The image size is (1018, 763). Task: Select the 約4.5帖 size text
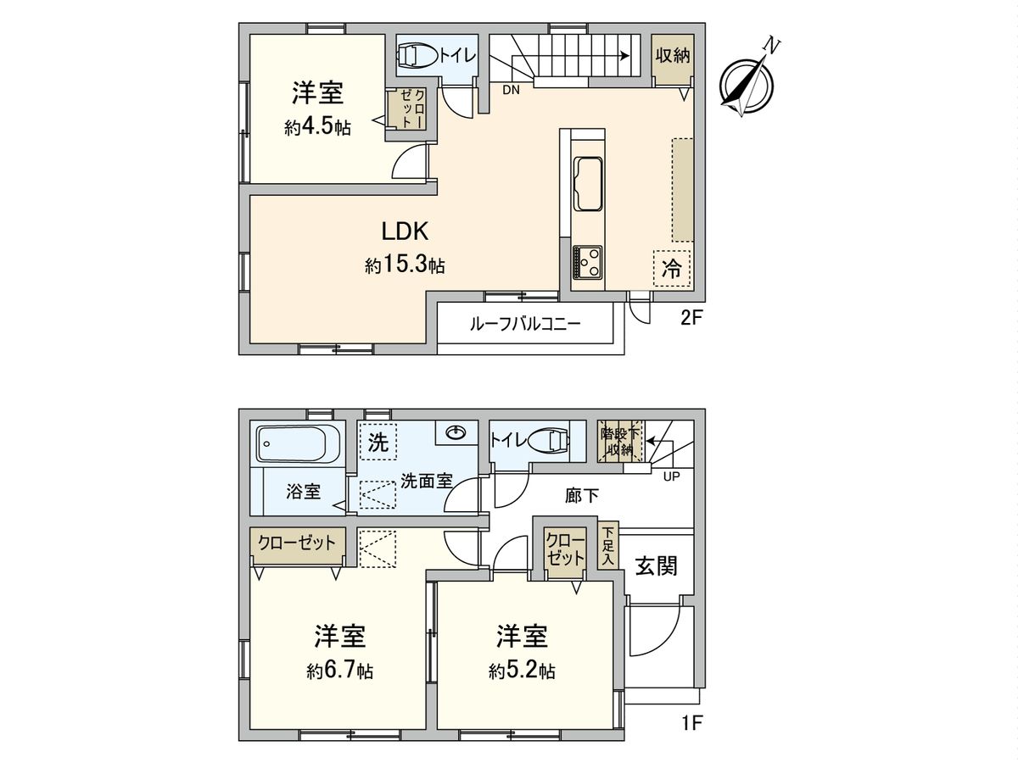(318, 128)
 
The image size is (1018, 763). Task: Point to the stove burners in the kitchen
(587, 261)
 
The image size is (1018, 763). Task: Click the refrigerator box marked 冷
(671, 269)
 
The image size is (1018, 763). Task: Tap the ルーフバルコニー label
(525, 323)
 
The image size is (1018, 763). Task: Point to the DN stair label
(511, 89)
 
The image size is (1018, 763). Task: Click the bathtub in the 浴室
(299, 442)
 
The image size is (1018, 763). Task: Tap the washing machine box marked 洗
(377, 441)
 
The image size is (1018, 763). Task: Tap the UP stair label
(671, 476)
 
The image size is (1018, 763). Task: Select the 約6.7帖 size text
(339, 671)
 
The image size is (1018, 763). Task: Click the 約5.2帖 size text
(522, 671)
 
